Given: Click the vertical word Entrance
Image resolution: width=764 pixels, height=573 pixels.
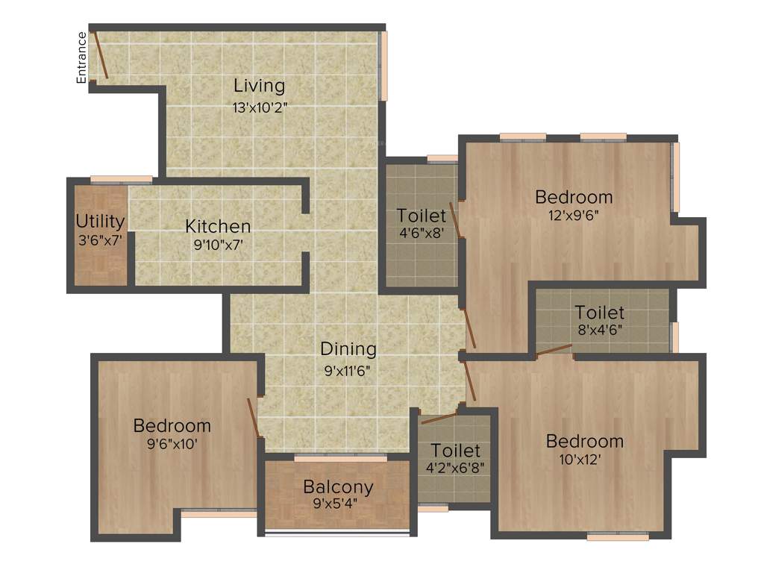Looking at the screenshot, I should coord(82,57).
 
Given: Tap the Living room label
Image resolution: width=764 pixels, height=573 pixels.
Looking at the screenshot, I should coord(259,85).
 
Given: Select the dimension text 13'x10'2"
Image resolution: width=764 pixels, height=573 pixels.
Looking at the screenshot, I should coord(260,107).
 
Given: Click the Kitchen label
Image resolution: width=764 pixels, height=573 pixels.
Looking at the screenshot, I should coord(218,226).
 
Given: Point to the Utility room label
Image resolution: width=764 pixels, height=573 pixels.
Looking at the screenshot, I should coord(100,222).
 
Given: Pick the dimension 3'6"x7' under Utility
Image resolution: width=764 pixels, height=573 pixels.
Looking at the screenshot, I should coord(100,241).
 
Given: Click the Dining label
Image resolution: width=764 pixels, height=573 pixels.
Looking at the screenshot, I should coord(348,348).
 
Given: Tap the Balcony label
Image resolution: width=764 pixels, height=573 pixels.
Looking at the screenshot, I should coord(338,487).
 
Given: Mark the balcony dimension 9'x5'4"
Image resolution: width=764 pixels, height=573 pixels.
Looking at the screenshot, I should coord(336,504).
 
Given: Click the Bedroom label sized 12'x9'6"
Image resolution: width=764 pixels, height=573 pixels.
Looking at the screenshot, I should coord(574,198).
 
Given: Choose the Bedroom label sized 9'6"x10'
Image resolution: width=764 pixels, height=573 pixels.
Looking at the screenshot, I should coord(172,426).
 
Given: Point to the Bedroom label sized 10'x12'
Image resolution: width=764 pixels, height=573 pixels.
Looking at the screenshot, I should coord(584,441).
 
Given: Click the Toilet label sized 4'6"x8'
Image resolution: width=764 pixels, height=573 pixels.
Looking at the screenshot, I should coord(421,216).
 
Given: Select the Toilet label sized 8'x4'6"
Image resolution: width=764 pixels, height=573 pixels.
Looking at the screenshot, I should coord(599,313).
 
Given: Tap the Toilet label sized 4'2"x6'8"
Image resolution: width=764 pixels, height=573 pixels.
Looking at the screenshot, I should coord(455,451).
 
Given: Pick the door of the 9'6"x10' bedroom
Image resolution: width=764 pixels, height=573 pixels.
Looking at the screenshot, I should coord(254,418).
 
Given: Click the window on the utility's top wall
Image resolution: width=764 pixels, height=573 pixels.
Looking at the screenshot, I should coord(121,179).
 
